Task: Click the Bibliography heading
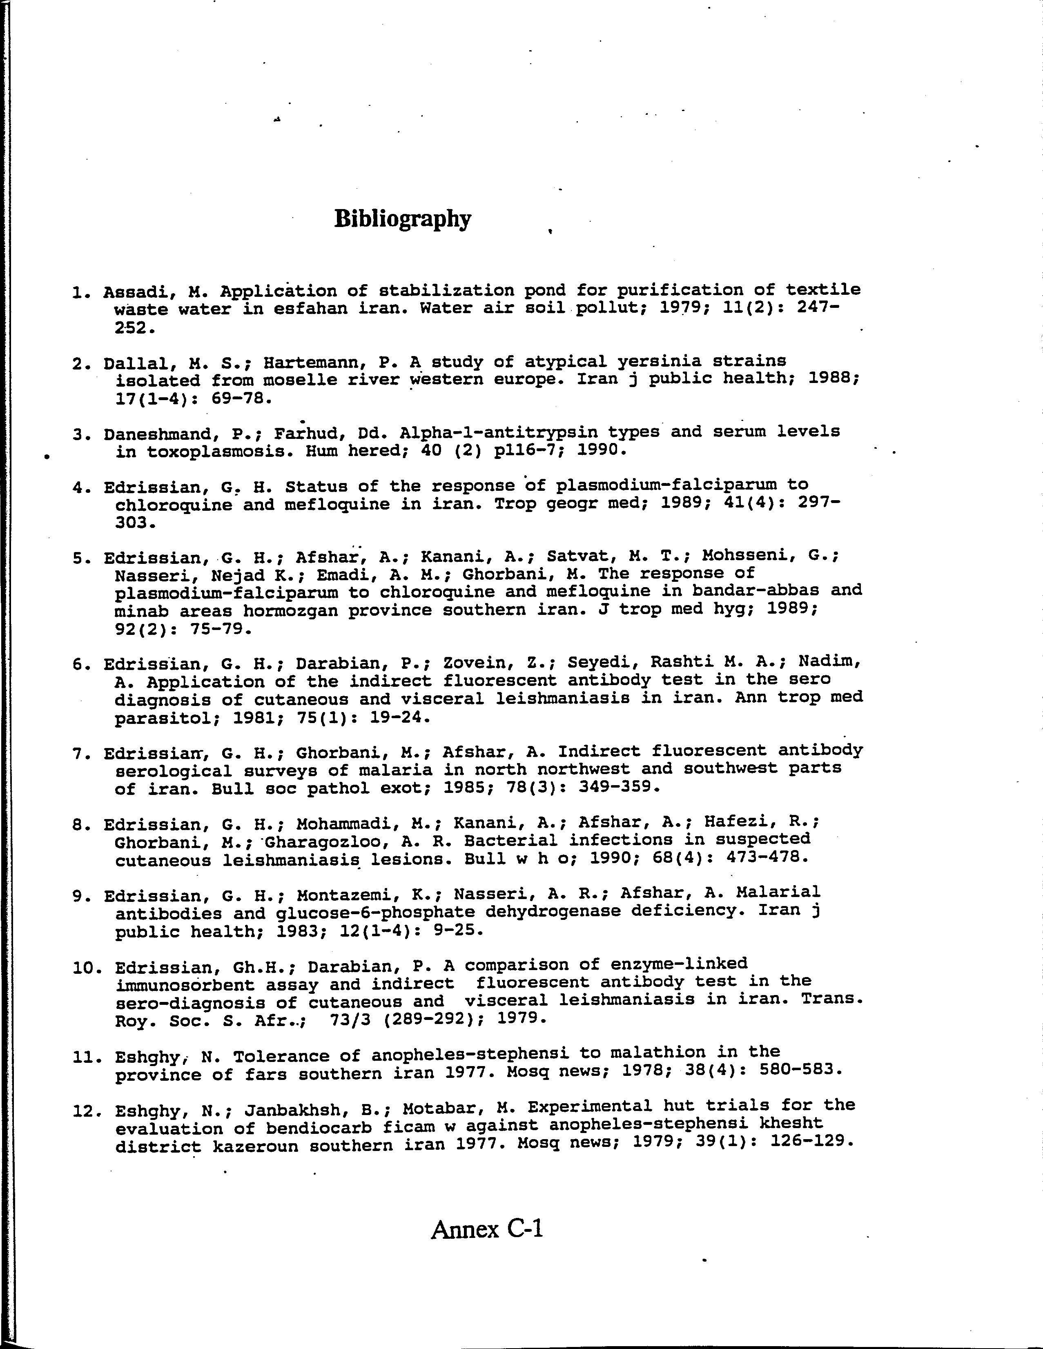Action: (x=402, y=219)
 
